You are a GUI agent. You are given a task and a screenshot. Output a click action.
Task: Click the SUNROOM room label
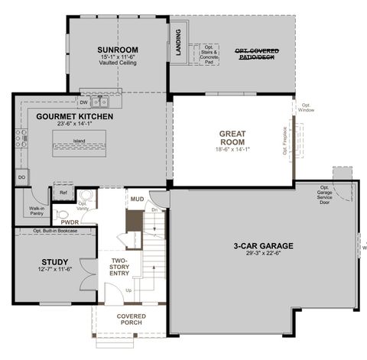pos(116,50)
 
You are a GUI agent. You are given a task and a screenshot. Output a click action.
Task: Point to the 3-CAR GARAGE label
pos(265,246)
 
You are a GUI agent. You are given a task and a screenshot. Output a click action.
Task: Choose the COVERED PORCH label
pos(131,319)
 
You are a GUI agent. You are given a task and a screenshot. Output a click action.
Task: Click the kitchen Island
pos(80,142)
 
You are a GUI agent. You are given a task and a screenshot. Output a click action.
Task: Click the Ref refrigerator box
pos(63,193)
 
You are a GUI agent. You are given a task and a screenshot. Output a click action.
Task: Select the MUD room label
pos(137,199)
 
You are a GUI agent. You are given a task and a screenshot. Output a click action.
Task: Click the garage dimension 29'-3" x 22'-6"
pos(265,255)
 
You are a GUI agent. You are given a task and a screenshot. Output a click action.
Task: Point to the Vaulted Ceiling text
pos(116,63)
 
